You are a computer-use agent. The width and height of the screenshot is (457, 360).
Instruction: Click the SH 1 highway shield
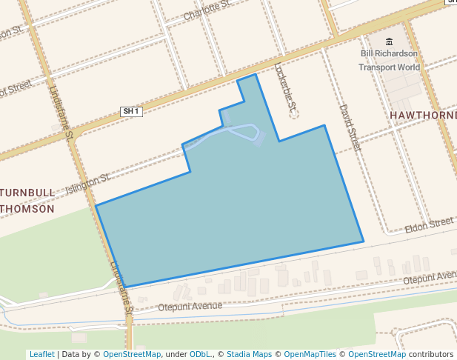tap(131, 111)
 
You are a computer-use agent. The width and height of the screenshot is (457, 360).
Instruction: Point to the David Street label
tap(350, 128)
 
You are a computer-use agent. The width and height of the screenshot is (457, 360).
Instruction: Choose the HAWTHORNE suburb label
tap(423, 116)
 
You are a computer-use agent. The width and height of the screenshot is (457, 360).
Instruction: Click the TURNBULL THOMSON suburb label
tap(27, 201)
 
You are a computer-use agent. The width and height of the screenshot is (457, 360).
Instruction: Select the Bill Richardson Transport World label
tap(390, 60)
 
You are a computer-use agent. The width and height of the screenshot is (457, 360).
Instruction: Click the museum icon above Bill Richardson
tap(390, 42)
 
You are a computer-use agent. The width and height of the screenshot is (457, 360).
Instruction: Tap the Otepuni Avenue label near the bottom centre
tap(190, 306)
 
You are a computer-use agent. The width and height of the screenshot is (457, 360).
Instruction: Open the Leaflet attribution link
tap(41, 354)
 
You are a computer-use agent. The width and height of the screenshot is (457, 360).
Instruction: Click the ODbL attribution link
tap(201, 354)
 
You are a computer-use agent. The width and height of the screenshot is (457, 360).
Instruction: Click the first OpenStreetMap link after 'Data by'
tap(132, 354)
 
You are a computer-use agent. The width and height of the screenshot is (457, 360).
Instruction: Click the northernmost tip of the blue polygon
tap(256, 74)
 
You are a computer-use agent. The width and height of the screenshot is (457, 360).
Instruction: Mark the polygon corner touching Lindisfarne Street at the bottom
tap(125, 287)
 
